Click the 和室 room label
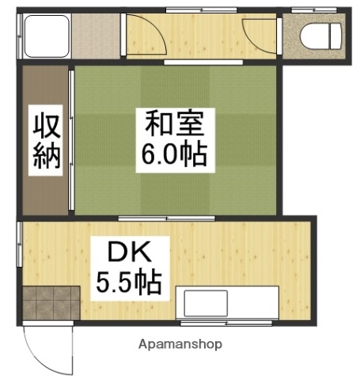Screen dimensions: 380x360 pos(174,125)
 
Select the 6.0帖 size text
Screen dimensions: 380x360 pos(174,153)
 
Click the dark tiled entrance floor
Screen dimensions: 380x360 pos(49,303)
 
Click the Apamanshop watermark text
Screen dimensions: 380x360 pos(180,344)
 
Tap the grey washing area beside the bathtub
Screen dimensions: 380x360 pos(97,36)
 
